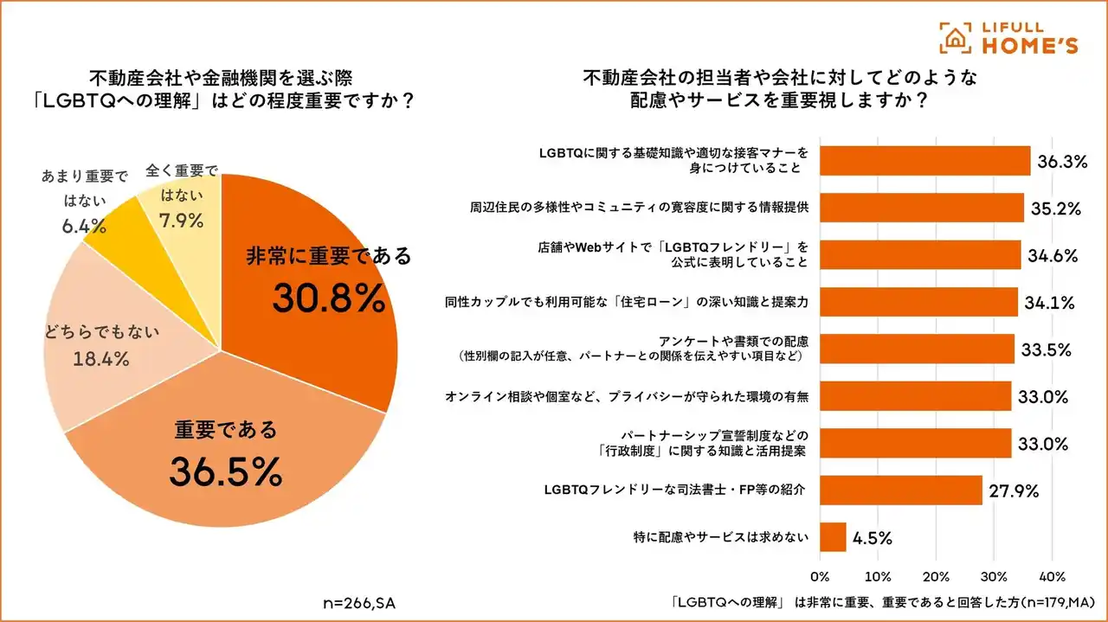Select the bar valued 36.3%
pyautogui.click(x=924, y=161)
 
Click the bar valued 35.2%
pyautogui.click(x=921, y=208)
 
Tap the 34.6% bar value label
pyautogui.click(x=1053, y=255)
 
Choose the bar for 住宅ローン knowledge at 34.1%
pyautogui.click(x=918, y=302)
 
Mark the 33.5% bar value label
pyautogui.click(x=1047, y=349)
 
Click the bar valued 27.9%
pyautogui.click(x=900, y=490)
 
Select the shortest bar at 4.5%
pyautogui.click(x=833, y=537)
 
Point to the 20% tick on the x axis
pyautogui.click(x=936, y=577)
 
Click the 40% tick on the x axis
pyautogui.click(x=1052, y=577)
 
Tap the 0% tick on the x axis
pyautogui.click(x=820, y=577)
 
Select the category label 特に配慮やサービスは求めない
pyautogui.click(x=721, y=537)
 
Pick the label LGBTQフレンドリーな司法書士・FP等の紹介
pyautogui.click(x=675, y=491)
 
